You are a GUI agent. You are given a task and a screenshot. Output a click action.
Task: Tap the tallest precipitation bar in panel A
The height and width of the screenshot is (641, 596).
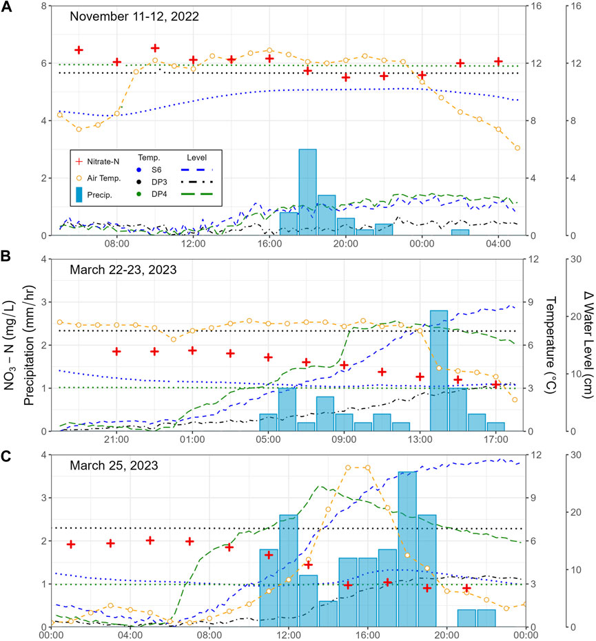307,192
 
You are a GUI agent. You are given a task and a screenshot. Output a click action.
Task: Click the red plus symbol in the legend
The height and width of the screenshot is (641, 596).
82,161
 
